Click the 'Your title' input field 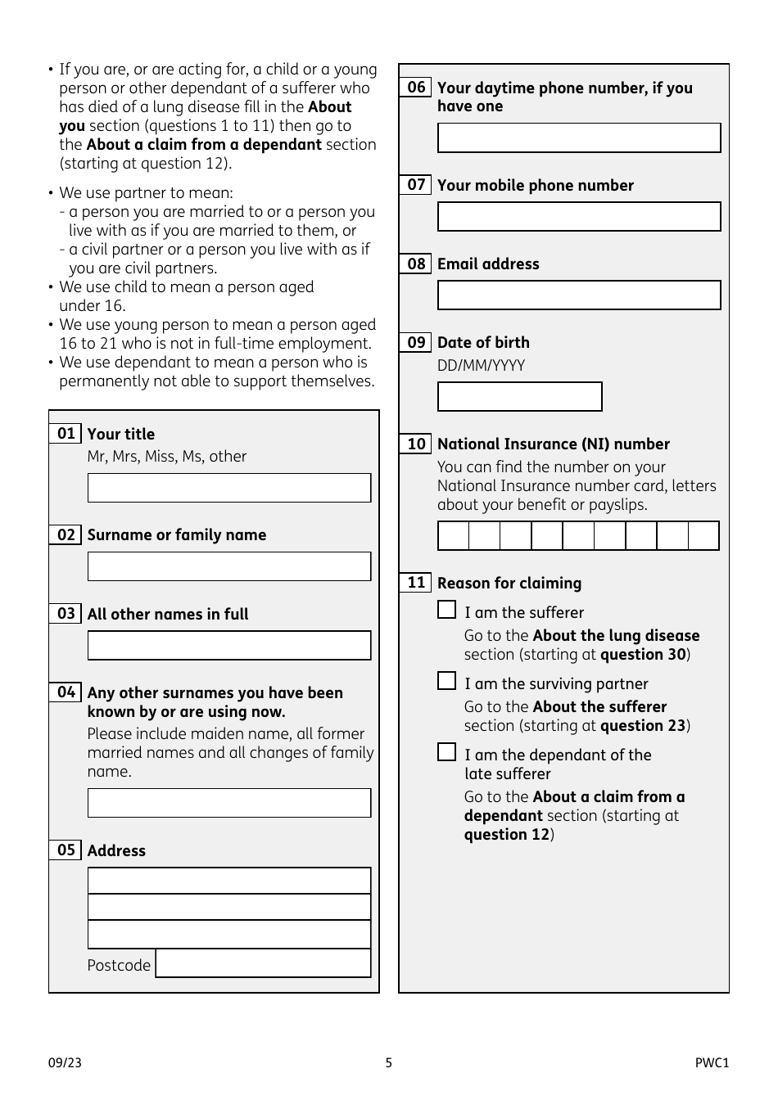pos(229,488)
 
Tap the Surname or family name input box pos(229,566)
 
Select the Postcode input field pos(263,963)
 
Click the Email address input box pos(579,295)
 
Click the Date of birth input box pos(519,397)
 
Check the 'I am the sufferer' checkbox pos(446,610)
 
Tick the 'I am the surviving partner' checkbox pos(446,681)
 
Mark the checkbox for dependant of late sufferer pos(446,752)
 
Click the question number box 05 pos(66,850)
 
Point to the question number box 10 pos(416,444)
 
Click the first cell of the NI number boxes pos(454,536)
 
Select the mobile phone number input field pos(579,217)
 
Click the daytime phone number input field pos(579,138)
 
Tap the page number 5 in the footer pos(389,1063)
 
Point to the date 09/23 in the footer pos(65,1063)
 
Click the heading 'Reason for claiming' pos(509,583)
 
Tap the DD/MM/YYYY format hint pos(481,365)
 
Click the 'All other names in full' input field pos(229,645)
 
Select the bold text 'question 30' pos(643,655)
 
